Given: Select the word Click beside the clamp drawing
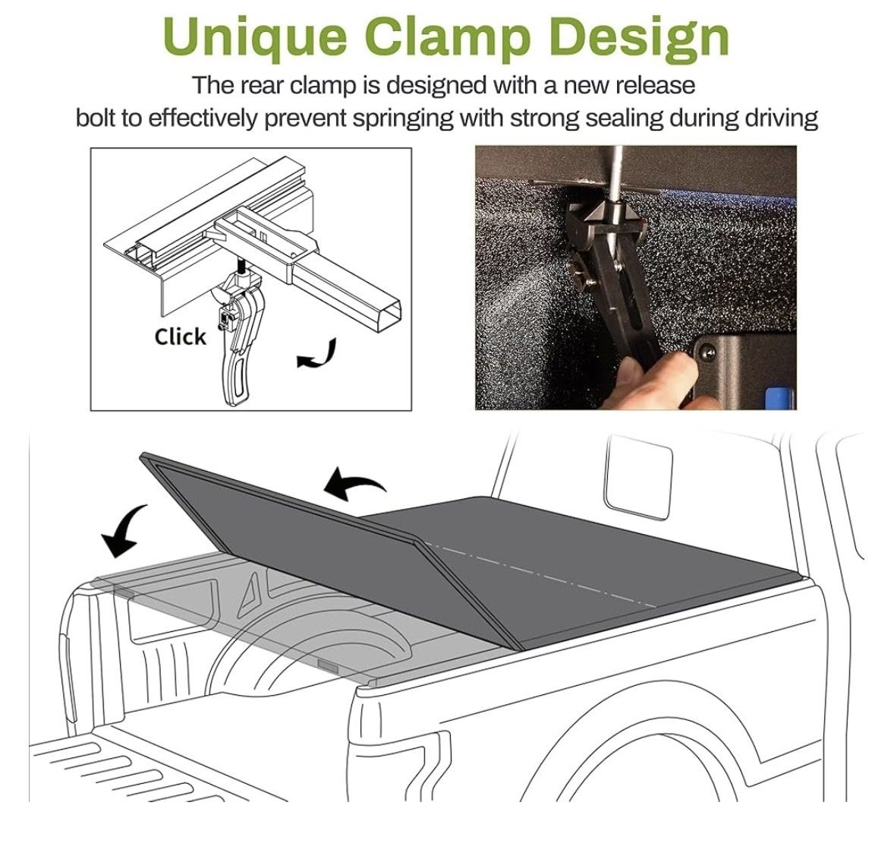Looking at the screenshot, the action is (x=180, y=336).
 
